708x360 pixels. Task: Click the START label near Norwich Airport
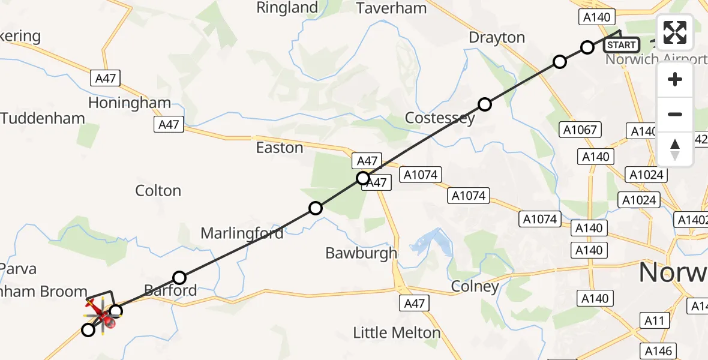point(622,45)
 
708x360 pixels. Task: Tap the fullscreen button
point(675,32)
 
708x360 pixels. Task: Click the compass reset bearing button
point(675,149)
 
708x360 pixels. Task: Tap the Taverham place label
point(391,8)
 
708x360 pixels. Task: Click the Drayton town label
point(497,38)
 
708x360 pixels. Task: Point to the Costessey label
point(440,118)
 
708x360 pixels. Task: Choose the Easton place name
point(280,148)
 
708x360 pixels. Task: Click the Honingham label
point(130,103)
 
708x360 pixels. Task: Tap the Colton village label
point(158,191)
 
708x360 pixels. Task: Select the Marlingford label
point(242,233)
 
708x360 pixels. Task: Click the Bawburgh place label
point(361,253)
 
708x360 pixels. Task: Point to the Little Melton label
point(397,332)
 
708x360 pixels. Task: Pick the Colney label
point(475,287)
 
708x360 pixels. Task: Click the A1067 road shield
point(580,129)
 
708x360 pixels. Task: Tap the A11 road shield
point(656,321)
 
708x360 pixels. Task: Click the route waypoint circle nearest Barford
point(179,277)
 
